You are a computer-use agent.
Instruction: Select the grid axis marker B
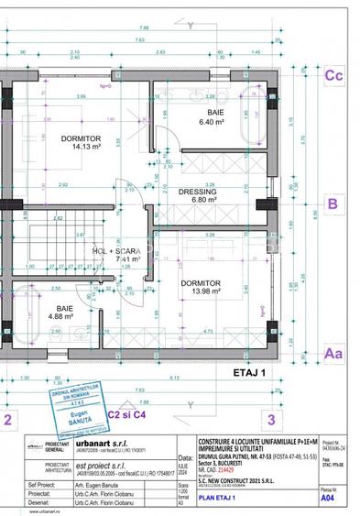tap(333, 203)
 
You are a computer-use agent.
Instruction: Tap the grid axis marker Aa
tap(333, 352)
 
